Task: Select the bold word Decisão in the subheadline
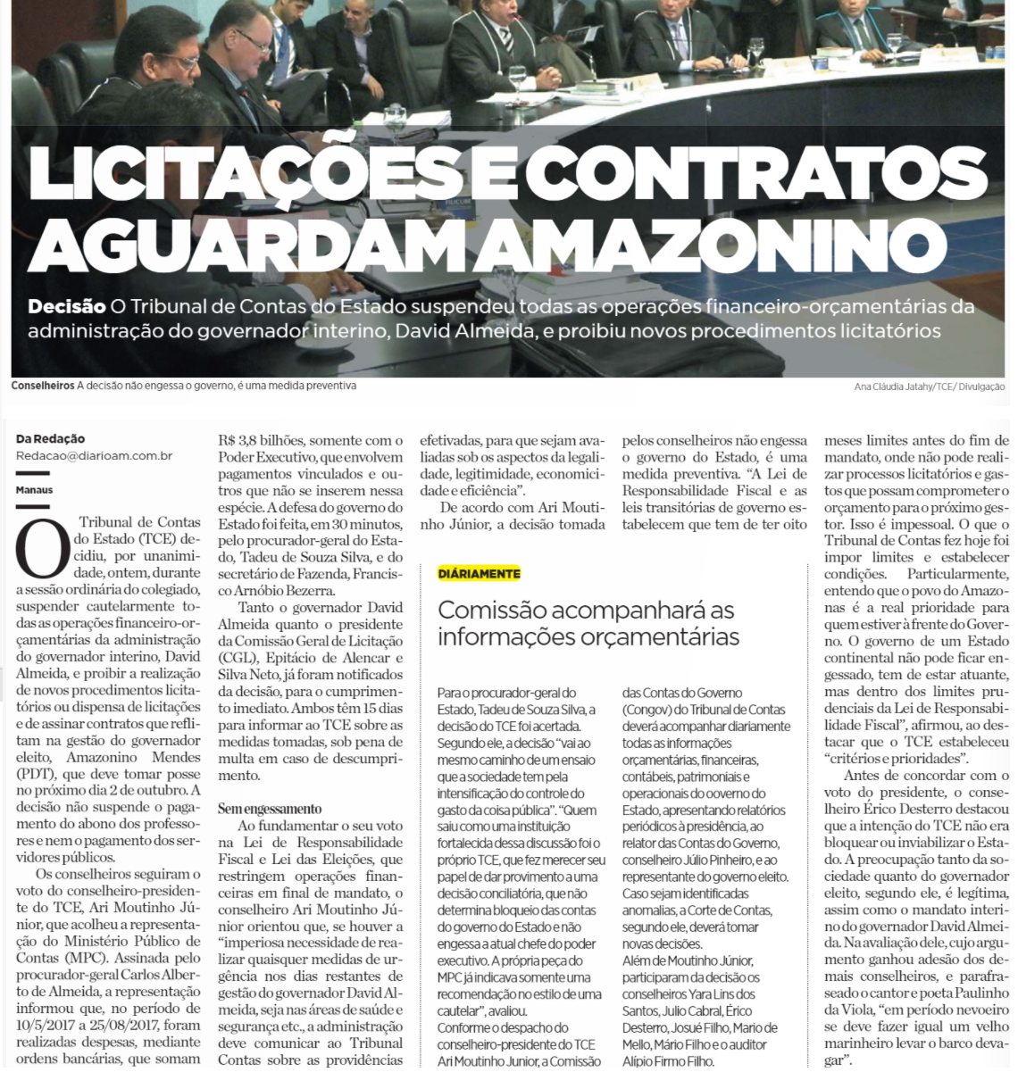[x=66, y=307]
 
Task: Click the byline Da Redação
[x=50, y=438]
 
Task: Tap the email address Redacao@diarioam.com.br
[x=94, y=455]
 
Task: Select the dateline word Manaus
[x=34, y=490]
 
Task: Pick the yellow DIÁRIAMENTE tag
[x=480, y=573]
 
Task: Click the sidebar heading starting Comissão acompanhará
[x=586, y=623]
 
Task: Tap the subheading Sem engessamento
[x=270, y=809]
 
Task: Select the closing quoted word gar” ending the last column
[x=834, y=1060]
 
